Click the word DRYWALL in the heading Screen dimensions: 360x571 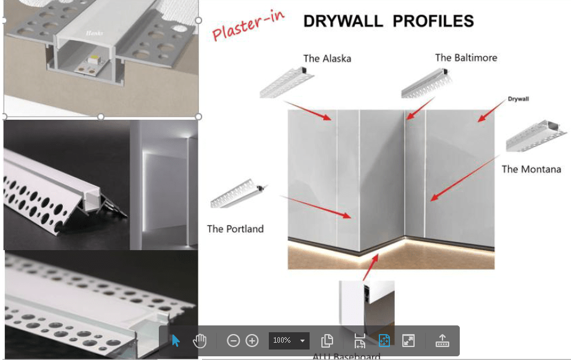pyautogui.click(x=342, y=21)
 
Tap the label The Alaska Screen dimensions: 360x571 pyautogui.click(x=327, y=59)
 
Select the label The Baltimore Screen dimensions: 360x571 pyautogui.click(x=466, y=57)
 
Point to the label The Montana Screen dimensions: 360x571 pyautogui.click(x=531, y=169)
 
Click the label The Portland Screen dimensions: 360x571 pyautogui.click(x=235, y=228)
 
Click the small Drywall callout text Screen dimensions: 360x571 pyautogui.click(x=518, y=99)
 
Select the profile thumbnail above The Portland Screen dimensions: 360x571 pyautogui.click(x=238, y=195)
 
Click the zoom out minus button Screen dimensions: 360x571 pyautogui.click(x=233, y=340)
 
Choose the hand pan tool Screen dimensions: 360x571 pyautogui.click(x=199, y=340)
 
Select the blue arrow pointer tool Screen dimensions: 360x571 pyautogui.click(x=176, y=340)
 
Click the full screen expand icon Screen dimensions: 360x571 pyautogui.click(x=408, y=340)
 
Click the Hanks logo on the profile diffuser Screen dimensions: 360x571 pyautogui.click(x=95, y=33)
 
